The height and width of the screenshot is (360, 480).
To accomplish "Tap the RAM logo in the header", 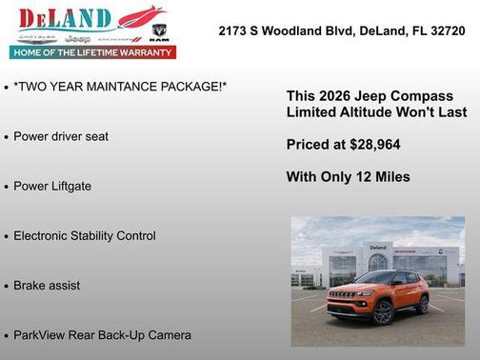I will click(x=159, y=32).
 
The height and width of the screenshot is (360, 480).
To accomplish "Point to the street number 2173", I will click(x=234, y=30).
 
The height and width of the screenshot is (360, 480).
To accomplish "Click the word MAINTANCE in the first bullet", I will click(x=122, y=87).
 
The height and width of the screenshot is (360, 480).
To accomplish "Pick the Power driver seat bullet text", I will click(x=61, y=136).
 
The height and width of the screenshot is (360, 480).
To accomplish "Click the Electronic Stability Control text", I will click(x=84, y=235).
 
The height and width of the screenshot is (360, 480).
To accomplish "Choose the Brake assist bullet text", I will click(x=47, y=285).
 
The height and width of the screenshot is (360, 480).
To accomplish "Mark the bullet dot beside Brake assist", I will click(x=7, y=286).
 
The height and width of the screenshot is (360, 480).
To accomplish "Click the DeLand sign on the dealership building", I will click(x=378, y=248).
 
